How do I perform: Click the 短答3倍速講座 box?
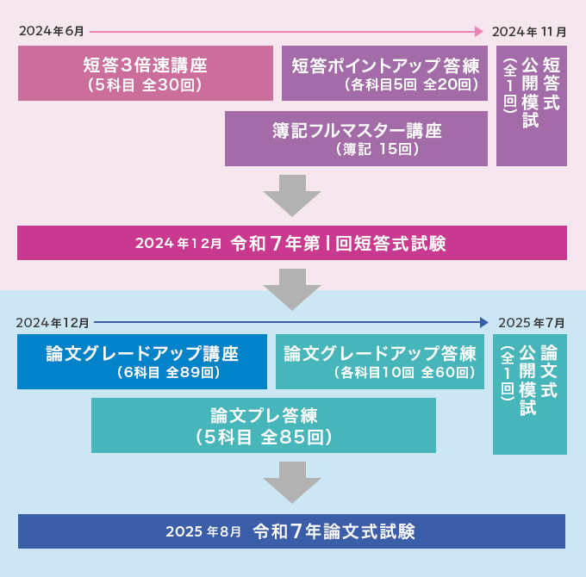point(145,73)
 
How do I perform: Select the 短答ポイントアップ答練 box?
point(384,73)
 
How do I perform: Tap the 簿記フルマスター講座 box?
point(356,139)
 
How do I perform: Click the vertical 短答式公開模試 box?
point(531,106)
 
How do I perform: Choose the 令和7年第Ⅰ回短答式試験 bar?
point(291,243)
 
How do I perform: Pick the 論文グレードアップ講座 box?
point(142,362)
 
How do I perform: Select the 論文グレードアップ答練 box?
point(379,362)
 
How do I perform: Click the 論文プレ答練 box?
point(263,425)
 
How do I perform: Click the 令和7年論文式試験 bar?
point(291,531)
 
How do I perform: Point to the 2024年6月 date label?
point(52,32)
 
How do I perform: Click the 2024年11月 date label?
point(528,32)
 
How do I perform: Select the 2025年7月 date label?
point(531,323)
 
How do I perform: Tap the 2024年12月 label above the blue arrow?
point(53,323)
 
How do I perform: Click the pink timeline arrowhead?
point(479,32)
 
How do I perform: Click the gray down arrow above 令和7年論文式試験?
point(292,482)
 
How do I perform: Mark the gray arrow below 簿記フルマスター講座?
point(292,195)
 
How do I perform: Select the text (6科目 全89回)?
point(168,373)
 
